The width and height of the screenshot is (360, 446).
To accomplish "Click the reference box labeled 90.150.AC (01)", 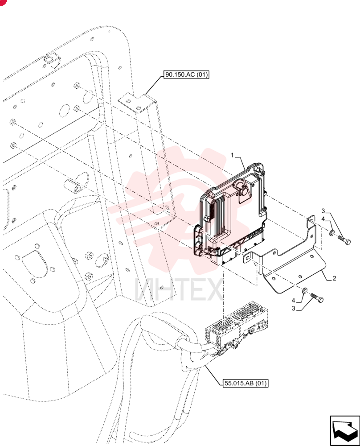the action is click(x=186, y=75).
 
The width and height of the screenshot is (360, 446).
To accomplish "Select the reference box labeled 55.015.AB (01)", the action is click(x=245, y=383).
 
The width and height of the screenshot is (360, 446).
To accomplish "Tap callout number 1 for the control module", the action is click(x=232, y=155).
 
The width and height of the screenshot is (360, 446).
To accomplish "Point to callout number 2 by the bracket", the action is click(x=334, y=278).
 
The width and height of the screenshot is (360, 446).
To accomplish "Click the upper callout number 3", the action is click(x=323, y=211).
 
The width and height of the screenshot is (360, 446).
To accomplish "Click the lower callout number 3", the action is click(x=294, y=309).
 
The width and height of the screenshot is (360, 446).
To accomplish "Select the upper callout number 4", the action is click(x=323, y=219).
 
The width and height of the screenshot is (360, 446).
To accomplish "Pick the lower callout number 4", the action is click(x=294, y=300).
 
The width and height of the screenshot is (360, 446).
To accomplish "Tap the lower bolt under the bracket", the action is click(x=317, y=298).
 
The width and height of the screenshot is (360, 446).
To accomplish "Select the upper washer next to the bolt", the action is click(x=331, y=233).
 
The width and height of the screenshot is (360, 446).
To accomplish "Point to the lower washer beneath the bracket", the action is click(x=304, y=290).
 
